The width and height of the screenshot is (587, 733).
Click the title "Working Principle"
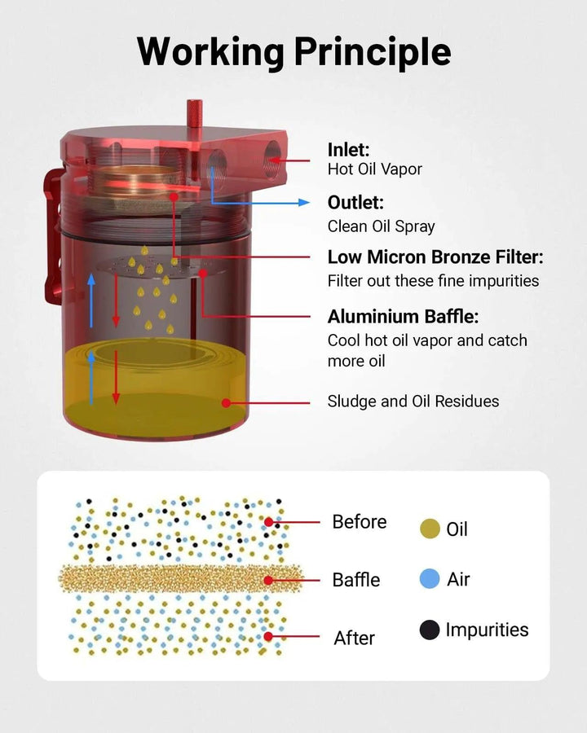coord(294,51)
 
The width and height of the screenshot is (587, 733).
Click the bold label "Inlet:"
coord(348,150)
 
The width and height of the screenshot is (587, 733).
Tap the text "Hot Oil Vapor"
coord(374,169)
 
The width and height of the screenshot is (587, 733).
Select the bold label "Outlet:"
coord(355,203)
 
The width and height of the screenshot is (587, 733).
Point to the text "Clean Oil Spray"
coord(381,226)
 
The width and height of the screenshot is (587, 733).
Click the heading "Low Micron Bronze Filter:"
coord(435,257)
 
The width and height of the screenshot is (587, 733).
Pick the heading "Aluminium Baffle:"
coord(403,317)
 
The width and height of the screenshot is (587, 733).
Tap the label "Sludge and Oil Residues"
coord(413,402)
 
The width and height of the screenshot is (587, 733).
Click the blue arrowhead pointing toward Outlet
coord(304,203)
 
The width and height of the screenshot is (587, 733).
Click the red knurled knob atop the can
coord(194,113)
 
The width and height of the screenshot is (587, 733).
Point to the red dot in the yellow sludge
coord(226,403)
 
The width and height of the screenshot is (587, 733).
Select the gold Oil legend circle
coord(430,529)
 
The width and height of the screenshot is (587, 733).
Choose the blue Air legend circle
coord(430,579)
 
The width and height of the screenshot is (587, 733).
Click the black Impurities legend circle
coord(430,630)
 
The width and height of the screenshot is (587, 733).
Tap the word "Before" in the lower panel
coord(360,522)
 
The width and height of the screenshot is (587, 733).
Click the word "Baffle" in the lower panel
coord(356,580)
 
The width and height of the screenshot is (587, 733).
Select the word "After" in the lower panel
coord(355,638)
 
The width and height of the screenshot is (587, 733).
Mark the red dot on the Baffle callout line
coord(267,580)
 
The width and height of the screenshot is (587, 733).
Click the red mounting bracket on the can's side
coord(53,236)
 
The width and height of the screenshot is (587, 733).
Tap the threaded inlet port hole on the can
coord(272,160)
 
